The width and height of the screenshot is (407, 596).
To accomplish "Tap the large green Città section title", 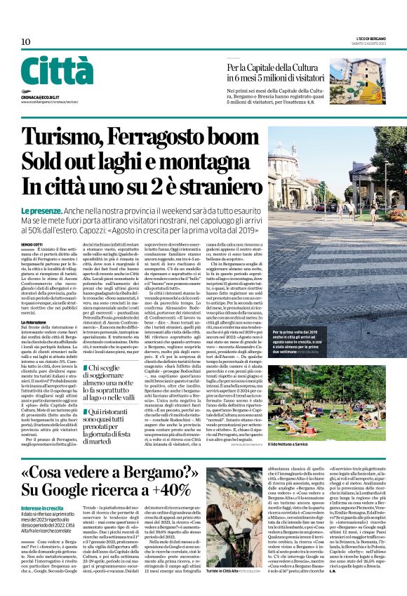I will point(56,71).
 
